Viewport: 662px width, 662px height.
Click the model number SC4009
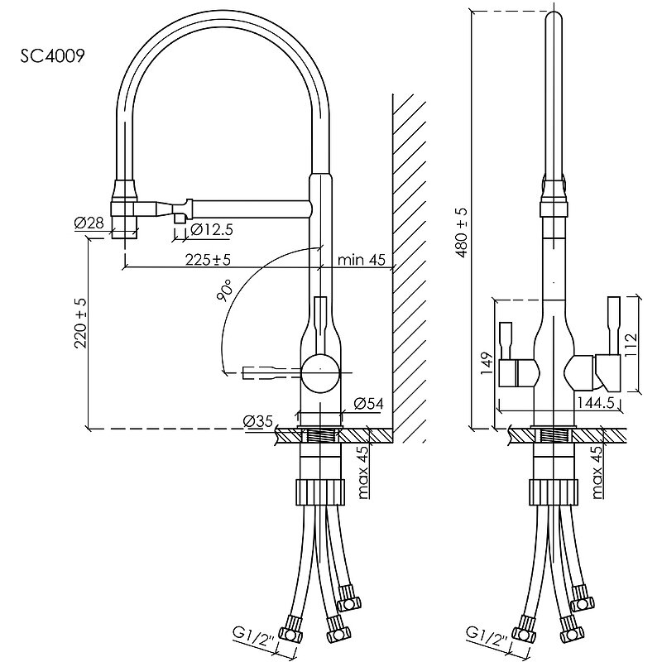click(51, 56)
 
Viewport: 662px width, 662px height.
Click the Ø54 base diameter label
click(367, 404)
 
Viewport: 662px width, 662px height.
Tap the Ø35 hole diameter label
click(259, 420)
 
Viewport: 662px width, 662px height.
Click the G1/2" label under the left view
click(254, 636)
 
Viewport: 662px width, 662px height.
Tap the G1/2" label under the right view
click(489, 636)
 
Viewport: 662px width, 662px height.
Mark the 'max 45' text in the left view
click(362, 473)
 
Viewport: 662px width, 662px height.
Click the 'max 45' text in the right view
click(598, 473)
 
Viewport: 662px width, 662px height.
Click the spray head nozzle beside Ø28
click(124, 217)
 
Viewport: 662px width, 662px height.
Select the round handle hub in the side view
click(319, 370)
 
